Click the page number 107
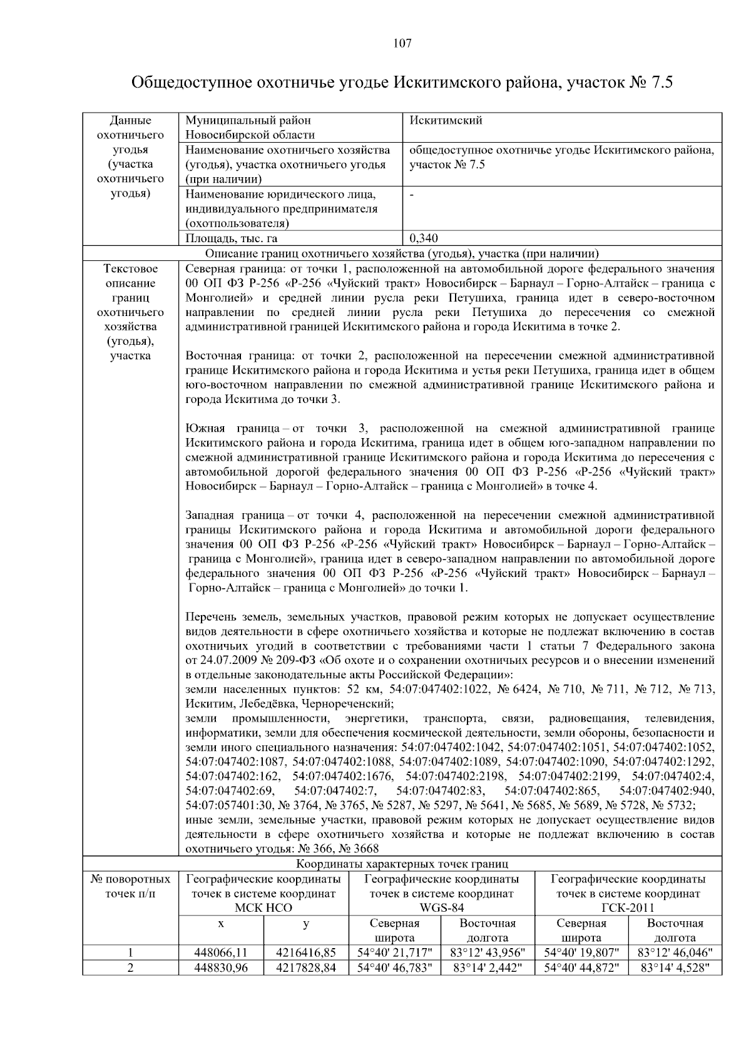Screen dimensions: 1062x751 pos(402,43)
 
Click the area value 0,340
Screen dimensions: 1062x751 pos(424,238)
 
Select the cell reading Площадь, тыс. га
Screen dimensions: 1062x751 pos(232,238)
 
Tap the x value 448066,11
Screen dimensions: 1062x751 pos(221,952)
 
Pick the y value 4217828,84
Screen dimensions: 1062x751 pos(306,968)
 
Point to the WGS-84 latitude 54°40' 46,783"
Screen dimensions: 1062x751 pos(394,968)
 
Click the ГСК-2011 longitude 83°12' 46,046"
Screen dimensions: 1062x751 pos(675,952)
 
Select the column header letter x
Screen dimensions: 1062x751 pos(221,923)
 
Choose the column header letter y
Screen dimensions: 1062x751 pos(306,923)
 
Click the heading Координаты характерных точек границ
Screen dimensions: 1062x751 pos(402,864)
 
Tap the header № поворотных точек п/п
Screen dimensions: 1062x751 pos(130,886)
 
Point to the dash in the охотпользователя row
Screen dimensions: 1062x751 pos(411,195)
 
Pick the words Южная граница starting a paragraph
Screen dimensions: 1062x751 pos(232,428)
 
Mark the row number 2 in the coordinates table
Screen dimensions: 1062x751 pos(130,968)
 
